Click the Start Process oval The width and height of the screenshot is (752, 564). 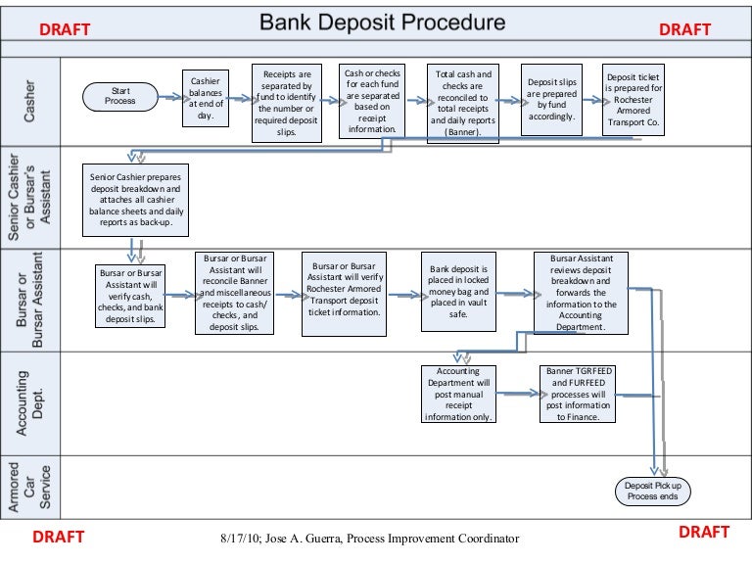click(x=119, y=95)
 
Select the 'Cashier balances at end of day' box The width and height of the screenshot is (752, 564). click(x=206, y=97)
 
